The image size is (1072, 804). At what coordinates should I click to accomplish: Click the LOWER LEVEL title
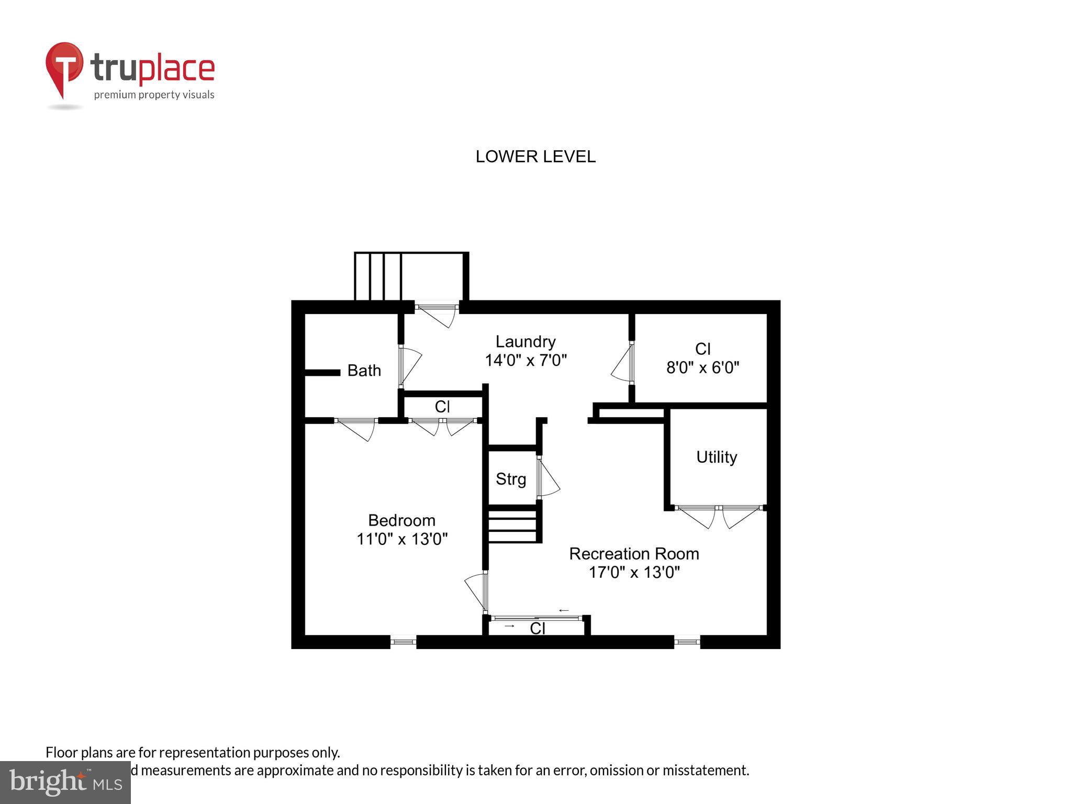coord(535,157)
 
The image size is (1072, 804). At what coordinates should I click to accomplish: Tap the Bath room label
coord(364,371)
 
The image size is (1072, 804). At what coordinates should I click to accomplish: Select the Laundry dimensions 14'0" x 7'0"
coord(526,361)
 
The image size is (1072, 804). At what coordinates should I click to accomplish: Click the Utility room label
coord(716,457)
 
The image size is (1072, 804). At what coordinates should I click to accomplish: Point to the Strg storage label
coord(510,479)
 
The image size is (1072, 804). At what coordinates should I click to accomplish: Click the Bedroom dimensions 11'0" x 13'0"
coord(401,539)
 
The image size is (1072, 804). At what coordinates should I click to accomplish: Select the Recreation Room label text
coord(633,553)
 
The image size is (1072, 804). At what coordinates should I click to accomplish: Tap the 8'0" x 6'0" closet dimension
coord(702,367)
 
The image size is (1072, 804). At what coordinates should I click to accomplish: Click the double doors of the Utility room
coord(719,515)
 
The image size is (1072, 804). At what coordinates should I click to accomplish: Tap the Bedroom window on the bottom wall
coord(403,641)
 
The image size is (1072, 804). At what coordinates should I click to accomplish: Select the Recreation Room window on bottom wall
coord(687,641)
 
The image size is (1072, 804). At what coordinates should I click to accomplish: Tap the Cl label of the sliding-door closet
coord(538,628)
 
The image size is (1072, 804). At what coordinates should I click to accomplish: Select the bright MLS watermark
coord(65,782)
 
